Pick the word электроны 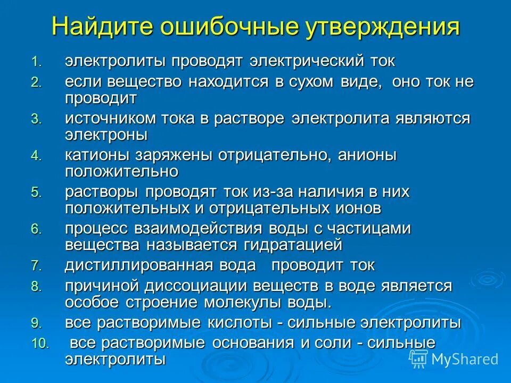coord(106,135)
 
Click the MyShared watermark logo coord(454,359)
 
